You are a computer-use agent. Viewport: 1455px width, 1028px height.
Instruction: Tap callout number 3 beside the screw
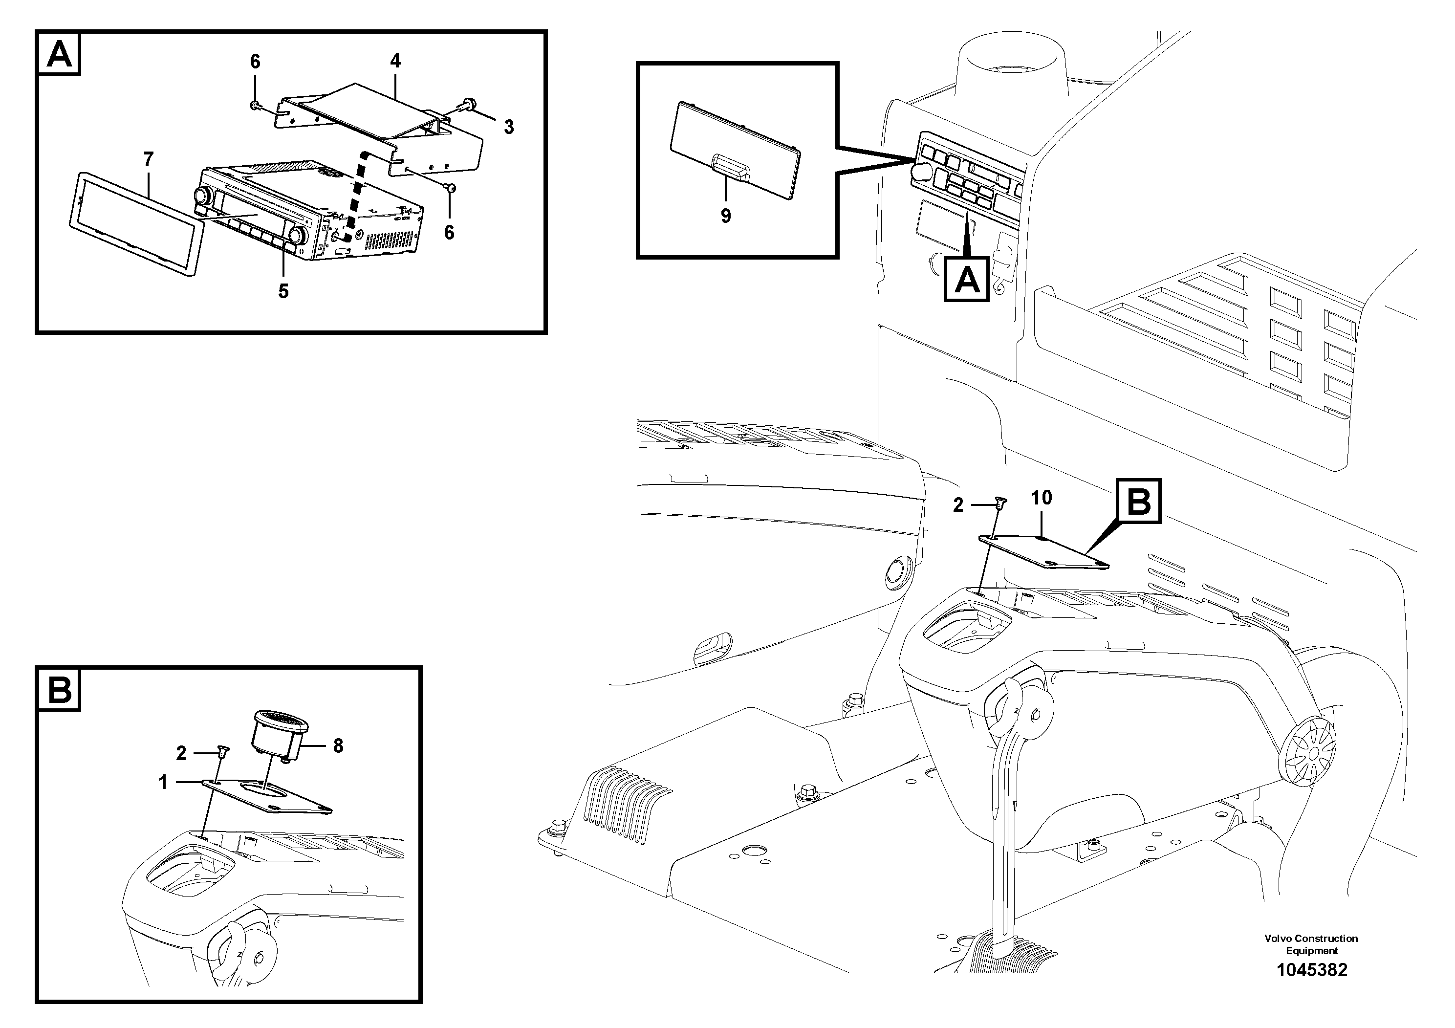point(509,127)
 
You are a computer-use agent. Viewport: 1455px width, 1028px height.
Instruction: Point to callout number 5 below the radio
point(283,291)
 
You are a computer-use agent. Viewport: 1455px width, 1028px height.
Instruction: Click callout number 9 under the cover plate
point(726,216)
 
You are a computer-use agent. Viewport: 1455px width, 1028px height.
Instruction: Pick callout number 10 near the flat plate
point(1041,498)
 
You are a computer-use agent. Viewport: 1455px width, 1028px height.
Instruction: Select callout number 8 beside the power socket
point(338,746)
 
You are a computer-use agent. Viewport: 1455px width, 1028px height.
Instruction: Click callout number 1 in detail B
point(163,783)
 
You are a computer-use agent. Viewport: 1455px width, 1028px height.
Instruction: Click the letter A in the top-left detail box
point(60,55)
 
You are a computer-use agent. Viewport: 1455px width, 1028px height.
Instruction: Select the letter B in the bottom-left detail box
point(60,690)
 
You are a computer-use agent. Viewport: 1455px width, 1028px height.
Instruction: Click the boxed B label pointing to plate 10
point(1139,502)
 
